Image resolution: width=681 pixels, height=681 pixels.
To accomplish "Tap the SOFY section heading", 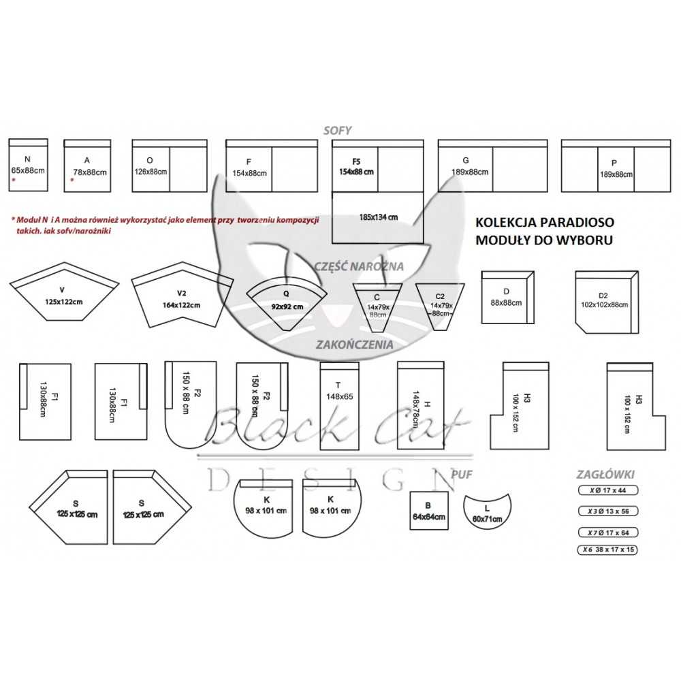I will tap(338, 131).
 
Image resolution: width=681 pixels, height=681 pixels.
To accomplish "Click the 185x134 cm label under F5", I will tap(378, 217).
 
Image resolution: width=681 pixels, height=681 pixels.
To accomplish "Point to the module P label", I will tap(615, 163).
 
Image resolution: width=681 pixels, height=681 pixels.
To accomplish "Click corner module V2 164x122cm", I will tap(180, 300).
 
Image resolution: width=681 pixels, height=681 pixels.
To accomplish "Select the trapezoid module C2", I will tap(441, 305).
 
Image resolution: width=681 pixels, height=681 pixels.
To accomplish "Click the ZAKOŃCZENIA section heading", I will tap(354, 345).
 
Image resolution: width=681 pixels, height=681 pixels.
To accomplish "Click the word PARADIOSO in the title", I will tap(577, 222).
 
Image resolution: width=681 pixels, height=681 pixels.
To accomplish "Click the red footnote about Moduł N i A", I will tap(163, 225).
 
